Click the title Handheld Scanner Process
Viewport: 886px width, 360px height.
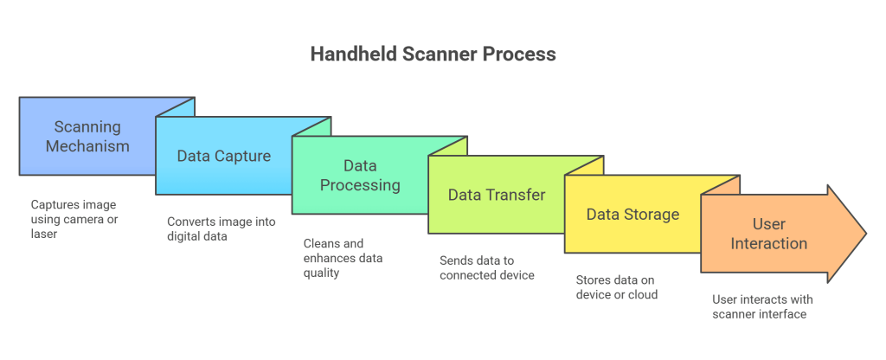(433, 54)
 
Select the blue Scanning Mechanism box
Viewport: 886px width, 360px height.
(87, 136)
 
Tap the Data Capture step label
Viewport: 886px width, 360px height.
(224, 157)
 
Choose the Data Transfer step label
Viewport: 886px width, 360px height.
(497, 195)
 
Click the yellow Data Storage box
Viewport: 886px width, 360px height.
(632, 215)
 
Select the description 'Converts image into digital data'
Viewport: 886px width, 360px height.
(221, 229)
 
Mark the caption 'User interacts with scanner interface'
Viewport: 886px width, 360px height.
(762, 306)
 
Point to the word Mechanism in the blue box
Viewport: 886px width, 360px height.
(87, 146)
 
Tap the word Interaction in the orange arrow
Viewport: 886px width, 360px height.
(768, 243)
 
